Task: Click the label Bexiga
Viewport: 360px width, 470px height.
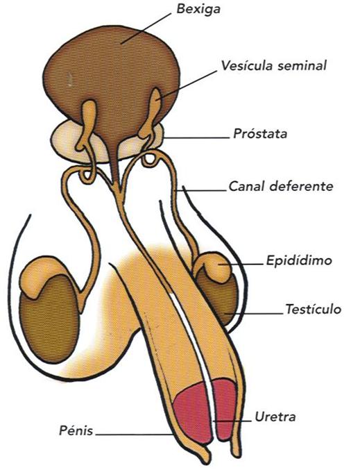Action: click(198, 10)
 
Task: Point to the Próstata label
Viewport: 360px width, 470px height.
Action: click(260, 133)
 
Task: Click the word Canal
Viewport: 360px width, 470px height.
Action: click(247, 186)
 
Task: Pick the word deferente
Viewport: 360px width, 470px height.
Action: click(301, 186)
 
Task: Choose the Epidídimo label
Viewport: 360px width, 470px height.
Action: click(299, 260)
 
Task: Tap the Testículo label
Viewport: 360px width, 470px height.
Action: click(313, 309)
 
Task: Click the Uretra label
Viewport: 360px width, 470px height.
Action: click(275, 417)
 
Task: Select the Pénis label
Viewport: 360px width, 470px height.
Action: click(76, 430)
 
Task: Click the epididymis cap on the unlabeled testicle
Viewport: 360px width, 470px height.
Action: click(42, 274)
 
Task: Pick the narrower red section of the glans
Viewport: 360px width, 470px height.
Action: click(225, 408)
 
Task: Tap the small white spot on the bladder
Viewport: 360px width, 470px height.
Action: click(69, 79)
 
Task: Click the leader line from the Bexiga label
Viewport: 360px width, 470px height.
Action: click(146, 28)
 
